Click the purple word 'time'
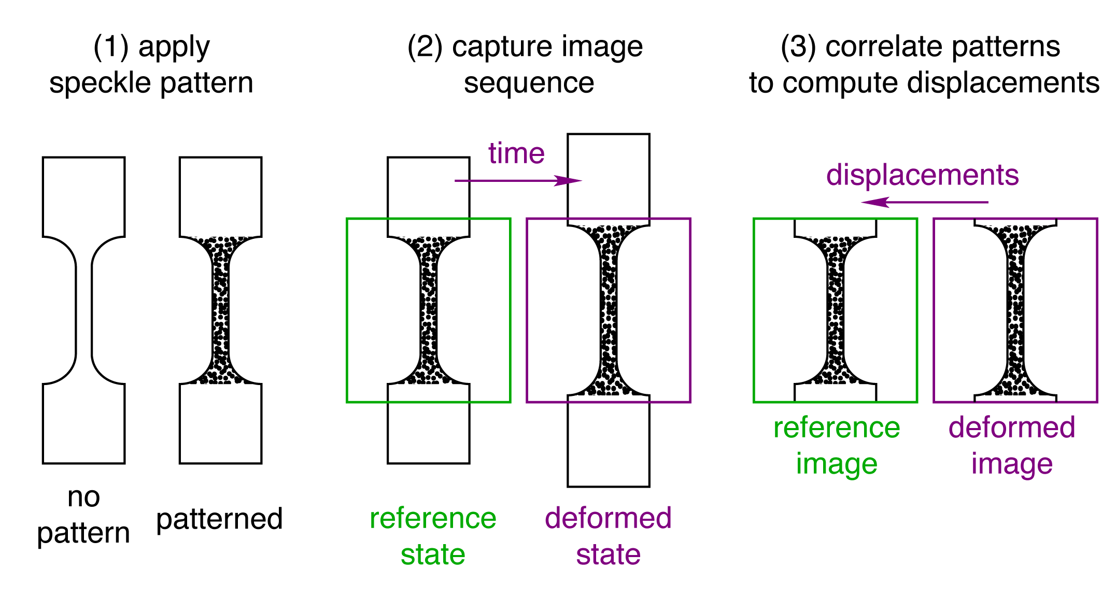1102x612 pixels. [516, 153]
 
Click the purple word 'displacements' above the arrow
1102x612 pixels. [922, 175]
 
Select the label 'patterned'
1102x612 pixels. [219, 519]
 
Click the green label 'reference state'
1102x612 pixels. [433, 536]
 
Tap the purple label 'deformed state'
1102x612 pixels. [608, 536]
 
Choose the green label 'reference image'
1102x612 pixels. [837, 445]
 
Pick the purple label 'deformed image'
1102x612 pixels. [1012, 445]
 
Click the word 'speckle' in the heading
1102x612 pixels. [101, 83]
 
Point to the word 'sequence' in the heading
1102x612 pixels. [529, 83]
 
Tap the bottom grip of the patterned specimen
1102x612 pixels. [220, 423]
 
